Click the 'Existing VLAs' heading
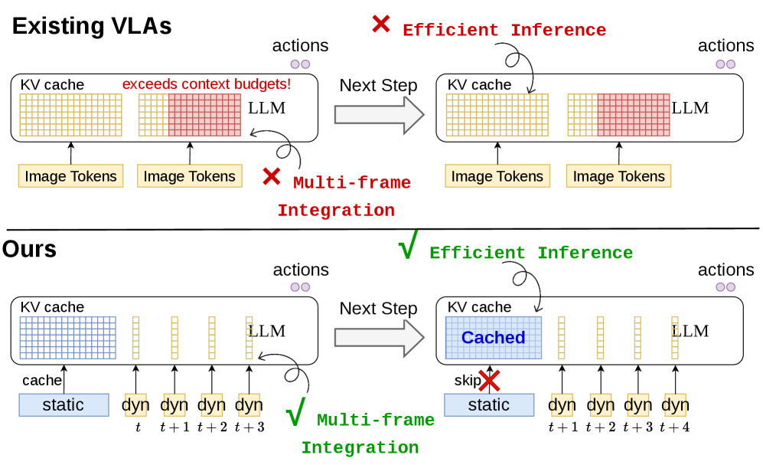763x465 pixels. click(x=92, y=26)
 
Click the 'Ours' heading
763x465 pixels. click(x=29, y=249)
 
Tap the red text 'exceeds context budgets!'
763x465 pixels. click(x=207, y=84)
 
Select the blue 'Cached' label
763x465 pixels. click(x=493, y=337)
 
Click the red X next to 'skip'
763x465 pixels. click(x=490, y=381)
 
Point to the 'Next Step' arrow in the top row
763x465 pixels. click(x=379, y=115)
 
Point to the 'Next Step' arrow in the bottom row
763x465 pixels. click(x=379, y=337)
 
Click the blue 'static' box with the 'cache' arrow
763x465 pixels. click(x=64, y=404)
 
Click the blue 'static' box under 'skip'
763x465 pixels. click(x=489, y=404)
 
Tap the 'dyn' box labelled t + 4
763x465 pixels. click(x=675, y=404)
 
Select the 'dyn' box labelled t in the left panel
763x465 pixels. click(x=135, y=404)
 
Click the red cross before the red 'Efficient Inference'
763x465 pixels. click(x=381, y=24)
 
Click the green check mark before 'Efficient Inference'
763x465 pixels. click(x=408, y=244)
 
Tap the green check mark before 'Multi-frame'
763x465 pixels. click(x=295, y=411)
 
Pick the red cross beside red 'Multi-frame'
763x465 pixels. click(x=272, y=176)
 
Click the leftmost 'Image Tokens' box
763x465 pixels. click(x=70, y=175)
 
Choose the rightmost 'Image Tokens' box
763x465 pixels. click(x=618, y=175)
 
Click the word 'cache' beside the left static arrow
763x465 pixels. click(x=42, y=380)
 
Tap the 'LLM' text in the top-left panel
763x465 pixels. click(x=266, y=107)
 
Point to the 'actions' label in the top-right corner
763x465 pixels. click(x=726, y=46)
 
